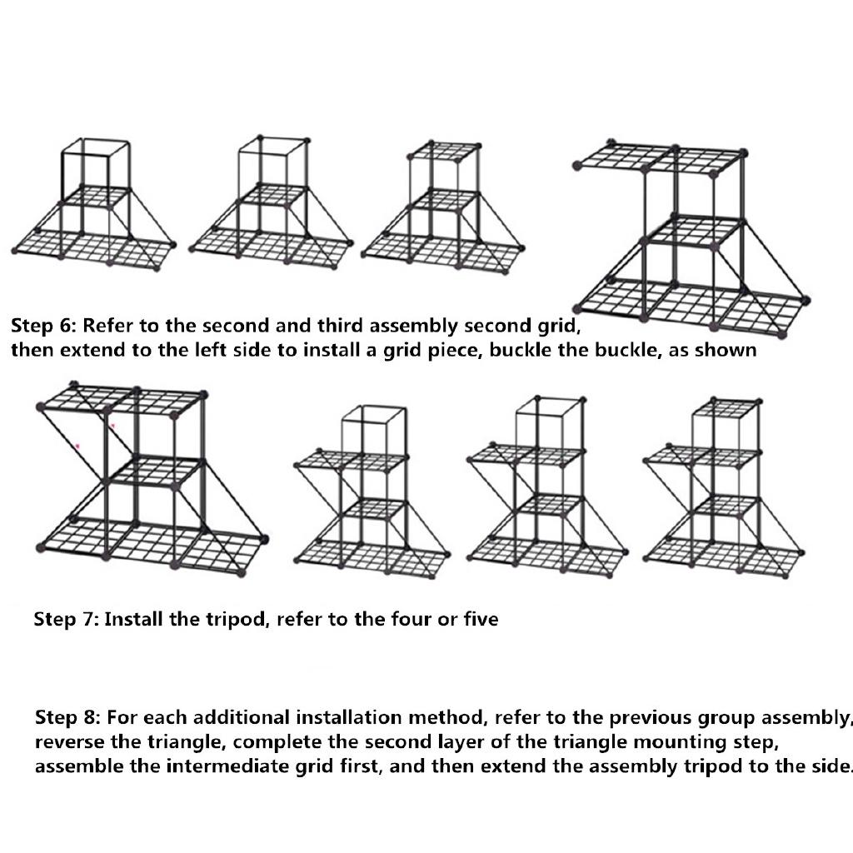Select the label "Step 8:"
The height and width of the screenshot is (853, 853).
point(67,717)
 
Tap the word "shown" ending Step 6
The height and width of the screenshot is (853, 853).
point(728,350)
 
